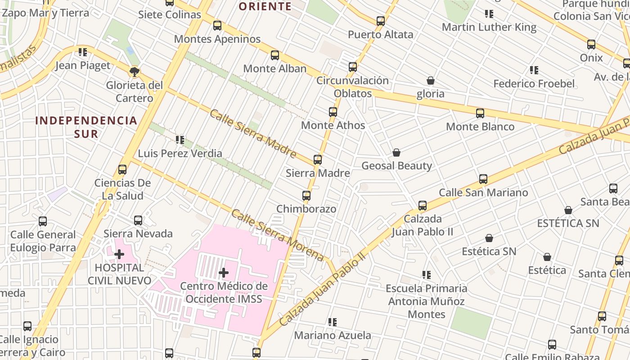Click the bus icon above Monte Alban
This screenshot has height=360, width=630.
tap(275, 55)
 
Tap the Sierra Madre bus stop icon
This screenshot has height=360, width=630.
tap(318, 160)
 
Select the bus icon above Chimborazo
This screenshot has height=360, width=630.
tap(306, 196)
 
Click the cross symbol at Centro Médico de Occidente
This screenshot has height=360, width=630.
tap(224, 272)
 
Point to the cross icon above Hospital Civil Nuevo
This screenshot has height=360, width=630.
tap(119, 254)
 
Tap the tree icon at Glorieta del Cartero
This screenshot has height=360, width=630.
tap(134, 72)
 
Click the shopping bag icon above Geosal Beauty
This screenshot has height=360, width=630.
tap(396, 153)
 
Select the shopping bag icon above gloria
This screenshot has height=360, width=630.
tap(431, 81)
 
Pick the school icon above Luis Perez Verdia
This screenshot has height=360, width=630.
tap(180, 140)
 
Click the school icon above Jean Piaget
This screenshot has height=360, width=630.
tap(82, 52)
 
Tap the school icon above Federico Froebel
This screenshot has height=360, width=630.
tap(534, 70)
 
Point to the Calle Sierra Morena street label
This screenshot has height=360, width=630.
tap(277, 235)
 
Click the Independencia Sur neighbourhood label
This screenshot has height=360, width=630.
tap(86, 127)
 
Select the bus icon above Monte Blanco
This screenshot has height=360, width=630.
tap(480, 113)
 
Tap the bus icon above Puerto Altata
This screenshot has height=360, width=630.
tap(381, 21)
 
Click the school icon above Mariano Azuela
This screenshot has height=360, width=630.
tap(333, 322)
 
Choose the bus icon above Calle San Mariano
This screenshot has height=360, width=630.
tap(483, 179)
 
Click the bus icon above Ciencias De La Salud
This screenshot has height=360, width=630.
tap(122, 170)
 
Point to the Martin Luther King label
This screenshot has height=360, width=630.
tap(489, 27)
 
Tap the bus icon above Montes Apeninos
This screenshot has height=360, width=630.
tap(217, 26)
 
